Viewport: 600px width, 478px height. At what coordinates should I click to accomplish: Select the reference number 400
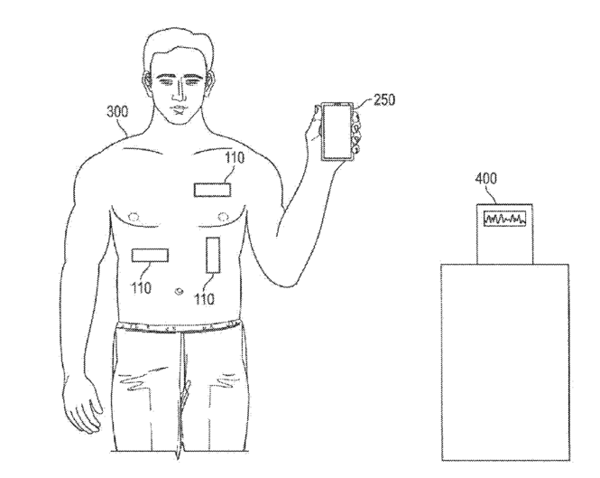click(488, 180)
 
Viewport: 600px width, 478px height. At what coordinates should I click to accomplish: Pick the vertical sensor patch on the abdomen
click(213, 254)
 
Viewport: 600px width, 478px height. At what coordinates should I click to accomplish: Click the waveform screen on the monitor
click(504, 220)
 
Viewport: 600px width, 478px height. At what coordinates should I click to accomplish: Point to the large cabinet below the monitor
click(504, 361)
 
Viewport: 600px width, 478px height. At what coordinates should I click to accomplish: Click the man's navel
click(178, 291)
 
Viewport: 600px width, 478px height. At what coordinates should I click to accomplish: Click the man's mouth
click(184, 108)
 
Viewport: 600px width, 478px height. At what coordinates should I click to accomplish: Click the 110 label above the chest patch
click(234, 156)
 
